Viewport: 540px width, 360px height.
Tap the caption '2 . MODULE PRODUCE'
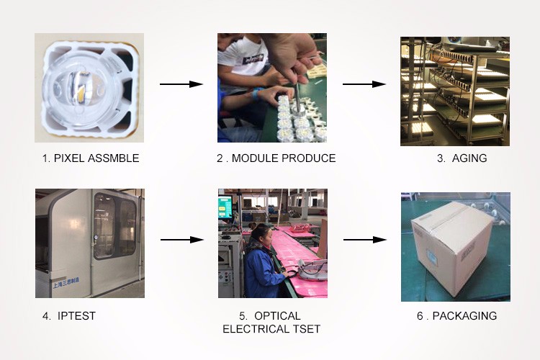[x=276, y=158]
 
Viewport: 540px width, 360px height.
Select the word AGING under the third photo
[x=469, y=158]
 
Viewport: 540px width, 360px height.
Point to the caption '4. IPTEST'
[x=69, y=316]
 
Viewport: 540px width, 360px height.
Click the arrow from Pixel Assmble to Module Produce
[x=181, y=84]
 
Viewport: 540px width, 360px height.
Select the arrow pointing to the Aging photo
[x=364, y=84]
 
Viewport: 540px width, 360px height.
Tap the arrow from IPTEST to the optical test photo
[x=181, y=239]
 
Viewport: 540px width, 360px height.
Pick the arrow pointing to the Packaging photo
[x=364, y=239]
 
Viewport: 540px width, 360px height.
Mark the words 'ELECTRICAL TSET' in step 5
[x=271, y=329]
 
